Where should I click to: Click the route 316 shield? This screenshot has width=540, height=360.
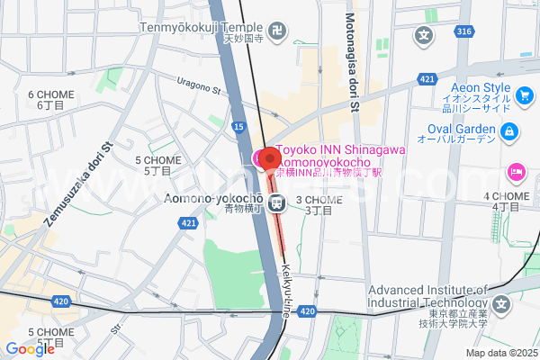tap(463, 32)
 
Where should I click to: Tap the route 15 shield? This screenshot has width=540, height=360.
tap(238, 128)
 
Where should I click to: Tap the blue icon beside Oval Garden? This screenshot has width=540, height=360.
tap(510, 132)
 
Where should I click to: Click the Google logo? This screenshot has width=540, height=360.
tap(31, 348)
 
